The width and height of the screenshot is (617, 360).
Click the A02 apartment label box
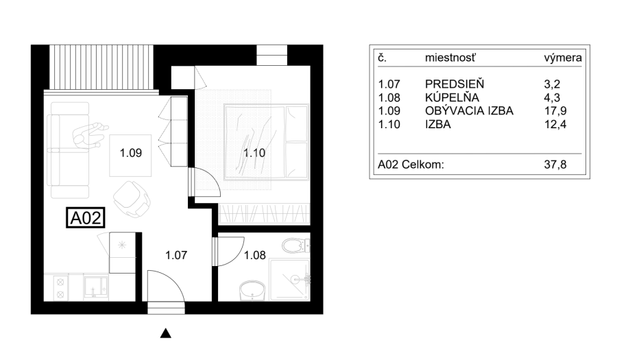pos(86,218)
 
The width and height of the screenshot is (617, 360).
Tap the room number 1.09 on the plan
pos(131,154)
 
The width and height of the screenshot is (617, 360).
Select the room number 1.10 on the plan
pos(254,154)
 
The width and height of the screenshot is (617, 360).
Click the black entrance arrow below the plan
pos(165,334)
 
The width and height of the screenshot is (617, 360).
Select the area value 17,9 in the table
pos(553,110)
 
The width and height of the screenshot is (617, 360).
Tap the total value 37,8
pos(553,165)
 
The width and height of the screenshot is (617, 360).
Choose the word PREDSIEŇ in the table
pos(455,84)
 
